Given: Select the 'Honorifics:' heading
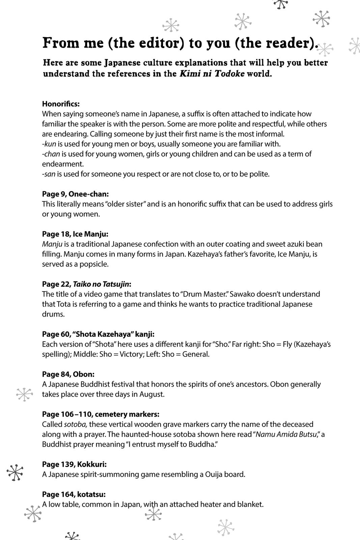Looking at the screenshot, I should pos(61,104).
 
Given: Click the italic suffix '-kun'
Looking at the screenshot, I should pos(49,144).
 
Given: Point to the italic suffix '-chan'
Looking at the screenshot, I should pos(51,154).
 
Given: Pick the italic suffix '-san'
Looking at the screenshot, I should pos(49,174).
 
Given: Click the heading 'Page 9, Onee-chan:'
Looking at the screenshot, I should pos(75,194).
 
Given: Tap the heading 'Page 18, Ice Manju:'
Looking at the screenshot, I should pos(75,234).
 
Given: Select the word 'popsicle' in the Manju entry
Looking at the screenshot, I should pos(94,264).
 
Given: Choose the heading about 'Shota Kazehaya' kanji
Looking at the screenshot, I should pos(98,334).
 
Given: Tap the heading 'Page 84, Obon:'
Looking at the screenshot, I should pos(68,374).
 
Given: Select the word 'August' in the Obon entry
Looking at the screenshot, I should pos(151,394).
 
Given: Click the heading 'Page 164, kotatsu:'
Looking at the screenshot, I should pos(74,494).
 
